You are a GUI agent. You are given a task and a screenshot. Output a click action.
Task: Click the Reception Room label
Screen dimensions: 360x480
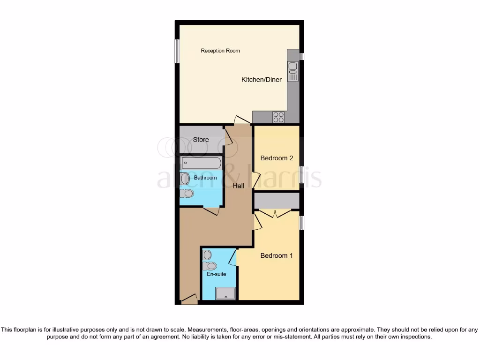(220, 51)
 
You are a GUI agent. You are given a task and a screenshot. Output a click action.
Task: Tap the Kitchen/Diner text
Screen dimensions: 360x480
(262, 80)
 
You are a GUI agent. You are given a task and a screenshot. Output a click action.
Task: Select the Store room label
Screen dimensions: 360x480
(201, 140)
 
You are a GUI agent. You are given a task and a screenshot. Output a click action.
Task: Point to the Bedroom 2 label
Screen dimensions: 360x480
(277, 158)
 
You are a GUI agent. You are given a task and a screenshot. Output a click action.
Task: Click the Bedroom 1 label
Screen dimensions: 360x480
(277, 255)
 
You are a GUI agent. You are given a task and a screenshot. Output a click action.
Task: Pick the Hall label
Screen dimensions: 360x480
(239, 186)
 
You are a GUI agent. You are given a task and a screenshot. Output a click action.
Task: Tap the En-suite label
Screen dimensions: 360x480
(216, 274)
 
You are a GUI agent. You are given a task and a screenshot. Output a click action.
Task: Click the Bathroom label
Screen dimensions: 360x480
(205, 178)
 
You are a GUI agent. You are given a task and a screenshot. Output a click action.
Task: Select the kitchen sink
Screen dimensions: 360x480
(293, 71)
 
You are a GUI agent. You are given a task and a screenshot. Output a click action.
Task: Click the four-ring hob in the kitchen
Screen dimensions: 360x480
(278, 117)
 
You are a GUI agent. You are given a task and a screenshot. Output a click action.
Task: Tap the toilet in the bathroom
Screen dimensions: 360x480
(187, 193)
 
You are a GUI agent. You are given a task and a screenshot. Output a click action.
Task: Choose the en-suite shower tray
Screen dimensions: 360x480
(225, 294)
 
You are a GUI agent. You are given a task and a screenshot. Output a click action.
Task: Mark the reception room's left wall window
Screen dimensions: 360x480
(178, 51)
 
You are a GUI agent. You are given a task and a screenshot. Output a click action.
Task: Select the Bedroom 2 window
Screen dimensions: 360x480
(302, 172)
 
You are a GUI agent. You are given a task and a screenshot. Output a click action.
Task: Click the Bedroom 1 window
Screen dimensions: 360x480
(302, 223)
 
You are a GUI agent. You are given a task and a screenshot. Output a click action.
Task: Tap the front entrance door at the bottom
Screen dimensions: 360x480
(189, 299)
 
